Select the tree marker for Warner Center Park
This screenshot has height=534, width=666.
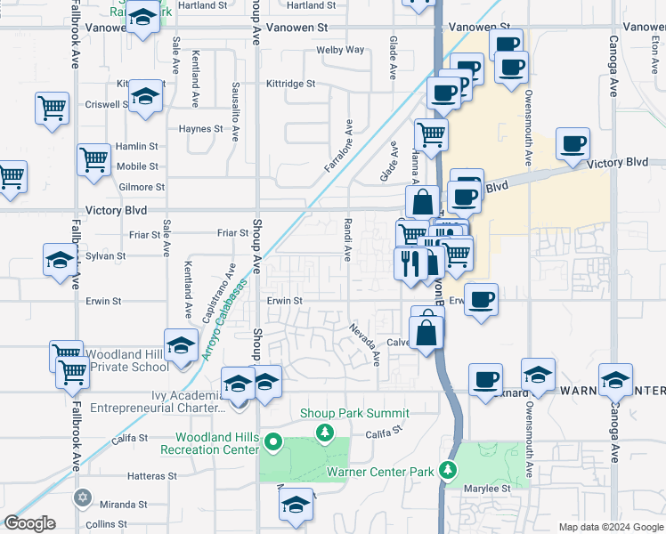pyautogui.click(x=451, y=470)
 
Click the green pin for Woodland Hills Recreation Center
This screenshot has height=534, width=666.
pyautogui.click(x=274, y=442)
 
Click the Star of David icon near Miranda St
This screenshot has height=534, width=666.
pyautogui.click(x=83, y=497)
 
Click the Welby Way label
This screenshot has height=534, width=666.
pyautogui.click(x=340, y=50)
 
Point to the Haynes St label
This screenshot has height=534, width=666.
pyautogui.click(x=199, y=129)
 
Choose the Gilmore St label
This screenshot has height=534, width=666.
pyautogui.click(x=142, y=188)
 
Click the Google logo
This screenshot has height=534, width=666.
pyautogui.click(x=30, y=523)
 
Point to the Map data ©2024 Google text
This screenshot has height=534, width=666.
pyautogui.click(x=610, y=527)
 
